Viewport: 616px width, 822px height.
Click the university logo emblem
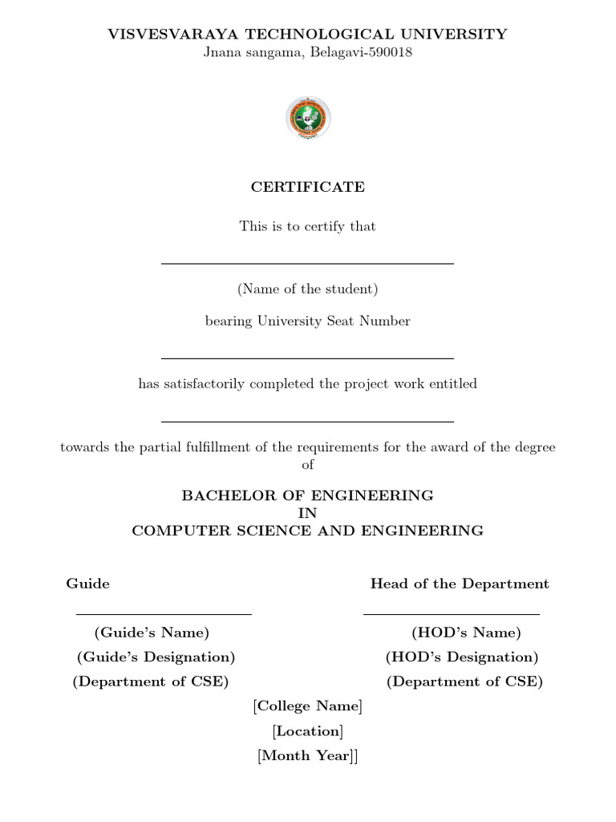308,118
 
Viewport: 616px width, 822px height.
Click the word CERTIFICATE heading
308,187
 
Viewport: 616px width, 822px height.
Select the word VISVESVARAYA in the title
173,34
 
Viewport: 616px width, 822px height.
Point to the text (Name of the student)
308,289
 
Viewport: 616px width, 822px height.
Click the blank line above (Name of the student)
308,263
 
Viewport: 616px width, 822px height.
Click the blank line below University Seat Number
308,358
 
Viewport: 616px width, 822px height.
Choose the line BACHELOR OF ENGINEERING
308,495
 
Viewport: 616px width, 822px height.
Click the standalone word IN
308,513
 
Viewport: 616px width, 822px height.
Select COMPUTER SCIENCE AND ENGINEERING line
308,531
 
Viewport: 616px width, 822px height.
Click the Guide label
87,584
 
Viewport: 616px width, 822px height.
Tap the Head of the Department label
460,584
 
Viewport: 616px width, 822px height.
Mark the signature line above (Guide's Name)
164,614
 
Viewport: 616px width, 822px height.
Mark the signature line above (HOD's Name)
451,614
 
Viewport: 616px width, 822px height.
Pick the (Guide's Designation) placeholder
156,657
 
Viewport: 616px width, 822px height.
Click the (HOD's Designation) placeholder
462,657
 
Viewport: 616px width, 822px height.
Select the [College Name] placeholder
308,706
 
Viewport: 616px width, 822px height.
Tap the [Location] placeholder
308,731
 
